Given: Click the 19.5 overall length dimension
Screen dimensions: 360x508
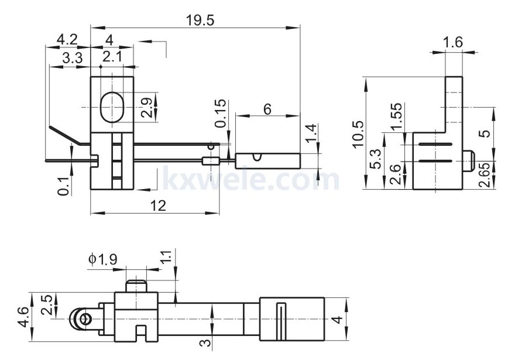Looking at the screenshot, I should [200, 19].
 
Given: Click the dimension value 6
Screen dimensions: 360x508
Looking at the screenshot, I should [267, 109].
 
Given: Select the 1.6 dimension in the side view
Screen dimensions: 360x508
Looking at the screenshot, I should [452, 42].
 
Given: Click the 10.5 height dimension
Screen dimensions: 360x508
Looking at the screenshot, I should [359, 133].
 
